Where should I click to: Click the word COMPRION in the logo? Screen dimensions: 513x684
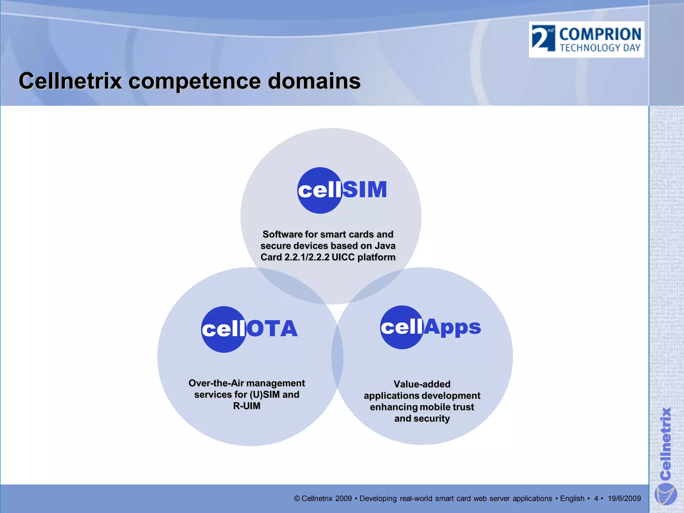600,34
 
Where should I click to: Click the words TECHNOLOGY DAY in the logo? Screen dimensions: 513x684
600,48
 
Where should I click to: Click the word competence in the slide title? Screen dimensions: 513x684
194,81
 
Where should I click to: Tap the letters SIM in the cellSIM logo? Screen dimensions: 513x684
365,190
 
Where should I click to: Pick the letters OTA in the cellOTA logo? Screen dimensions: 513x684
272,329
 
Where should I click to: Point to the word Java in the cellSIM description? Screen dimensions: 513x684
385,246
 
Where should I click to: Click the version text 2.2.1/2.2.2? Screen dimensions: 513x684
307,257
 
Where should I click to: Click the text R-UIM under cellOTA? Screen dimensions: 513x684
246,406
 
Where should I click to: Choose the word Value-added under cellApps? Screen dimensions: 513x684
422,384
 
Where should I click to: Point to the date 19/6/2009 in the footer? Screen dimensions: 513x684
624,499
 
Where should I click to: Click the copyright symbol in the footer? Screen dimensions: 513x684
297,499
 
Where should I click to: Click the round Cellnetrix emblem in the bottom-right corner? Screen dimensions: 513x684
665,495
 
